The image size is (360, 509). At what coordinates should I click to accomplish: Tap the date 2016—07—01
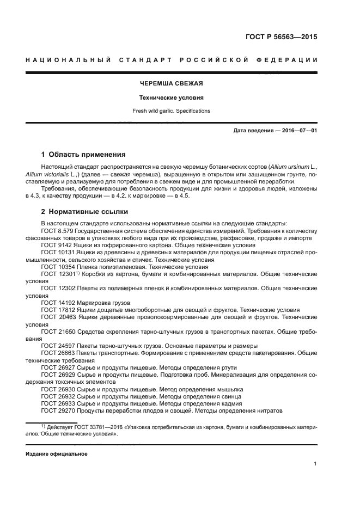pos(296,131)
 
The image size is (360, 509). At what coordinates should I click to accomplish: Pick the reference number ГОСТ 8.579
pos(57,231)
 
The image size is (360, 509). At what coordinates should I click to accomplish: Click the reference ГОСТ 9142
pos(56,246)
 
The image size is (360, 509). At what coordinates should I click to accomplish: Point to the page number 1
pos(315,464)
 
